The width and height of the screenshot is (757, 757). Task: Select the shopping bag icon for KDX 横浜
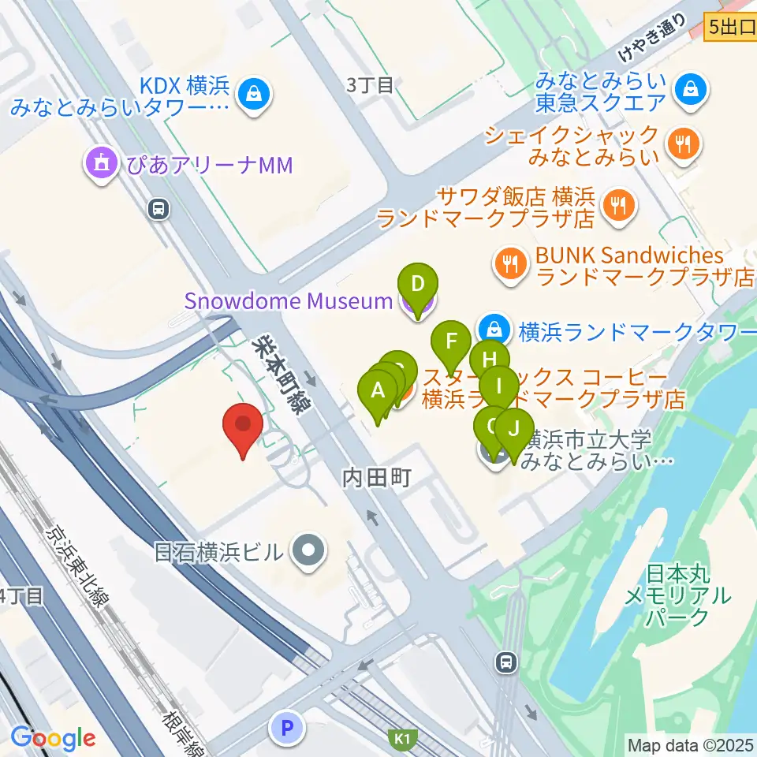tap(257, 95)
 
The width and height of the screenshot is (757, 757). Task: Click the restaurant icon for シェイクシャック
tap(681, 144)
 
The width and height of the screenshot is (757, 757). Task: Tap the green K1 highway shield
tap(403, 739)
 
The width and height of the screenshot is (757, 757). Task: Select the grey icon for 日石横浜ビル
tap(308, 550)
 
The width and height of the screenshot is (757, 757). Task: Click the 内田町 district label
tap(376, 477)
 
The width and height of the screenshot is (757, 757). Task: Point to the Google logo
tap(54, 739)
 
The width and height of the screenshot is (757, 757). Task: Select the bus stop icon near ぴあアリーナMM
tap(159, 209)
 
